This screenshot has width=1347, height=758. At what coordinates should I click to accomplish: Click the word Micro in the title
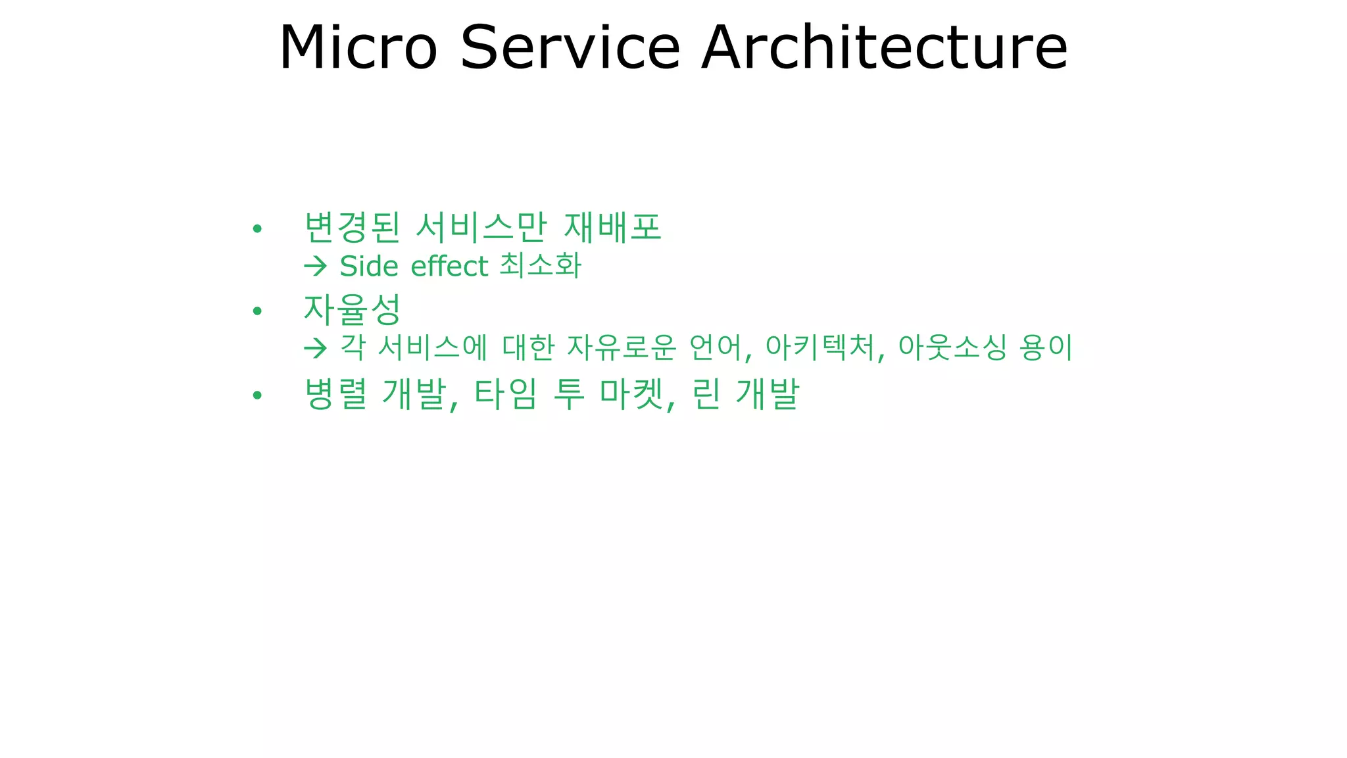click(358, 47)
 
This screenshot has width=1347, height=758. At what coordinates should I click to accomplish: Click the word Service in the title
click(570, 47)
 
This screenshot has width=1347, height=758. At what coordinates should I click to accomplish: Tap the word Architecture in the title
click(884, 47)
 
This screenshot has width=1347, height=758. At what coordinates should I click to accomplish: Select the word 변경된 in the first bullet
click(352, 228)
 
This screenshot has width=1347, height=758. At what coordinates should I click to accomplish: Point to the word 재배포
click(612, 228)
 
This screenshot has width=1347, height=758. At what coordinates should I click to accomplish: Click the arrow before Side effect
click(316, 266)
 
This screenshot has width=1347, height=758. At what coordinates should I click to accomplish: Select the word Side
click(369, 266)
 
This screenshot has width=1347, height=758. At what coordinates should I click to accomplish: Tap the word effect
click(449, 266)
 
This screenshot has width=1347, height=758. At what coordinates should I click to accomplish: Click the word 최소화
click(541, 266)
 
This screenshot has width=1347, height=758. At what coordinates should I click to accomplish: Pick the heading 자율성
click(352, 310)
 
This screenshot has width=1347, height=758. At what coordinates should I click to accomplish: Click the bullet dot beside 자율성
click(257, 311)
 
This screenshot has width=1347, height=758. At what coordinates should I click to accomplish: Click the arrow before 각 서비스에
click(316, 348)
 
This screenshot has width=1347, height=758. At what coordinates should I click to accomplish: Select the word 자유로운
click(621, 347)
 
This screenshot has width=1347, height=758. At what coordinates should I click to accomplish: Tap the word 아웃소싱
click(952, 347)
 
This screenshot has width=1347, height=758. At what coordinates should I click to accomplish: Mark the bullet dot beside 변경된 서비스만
click(257, 229)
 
